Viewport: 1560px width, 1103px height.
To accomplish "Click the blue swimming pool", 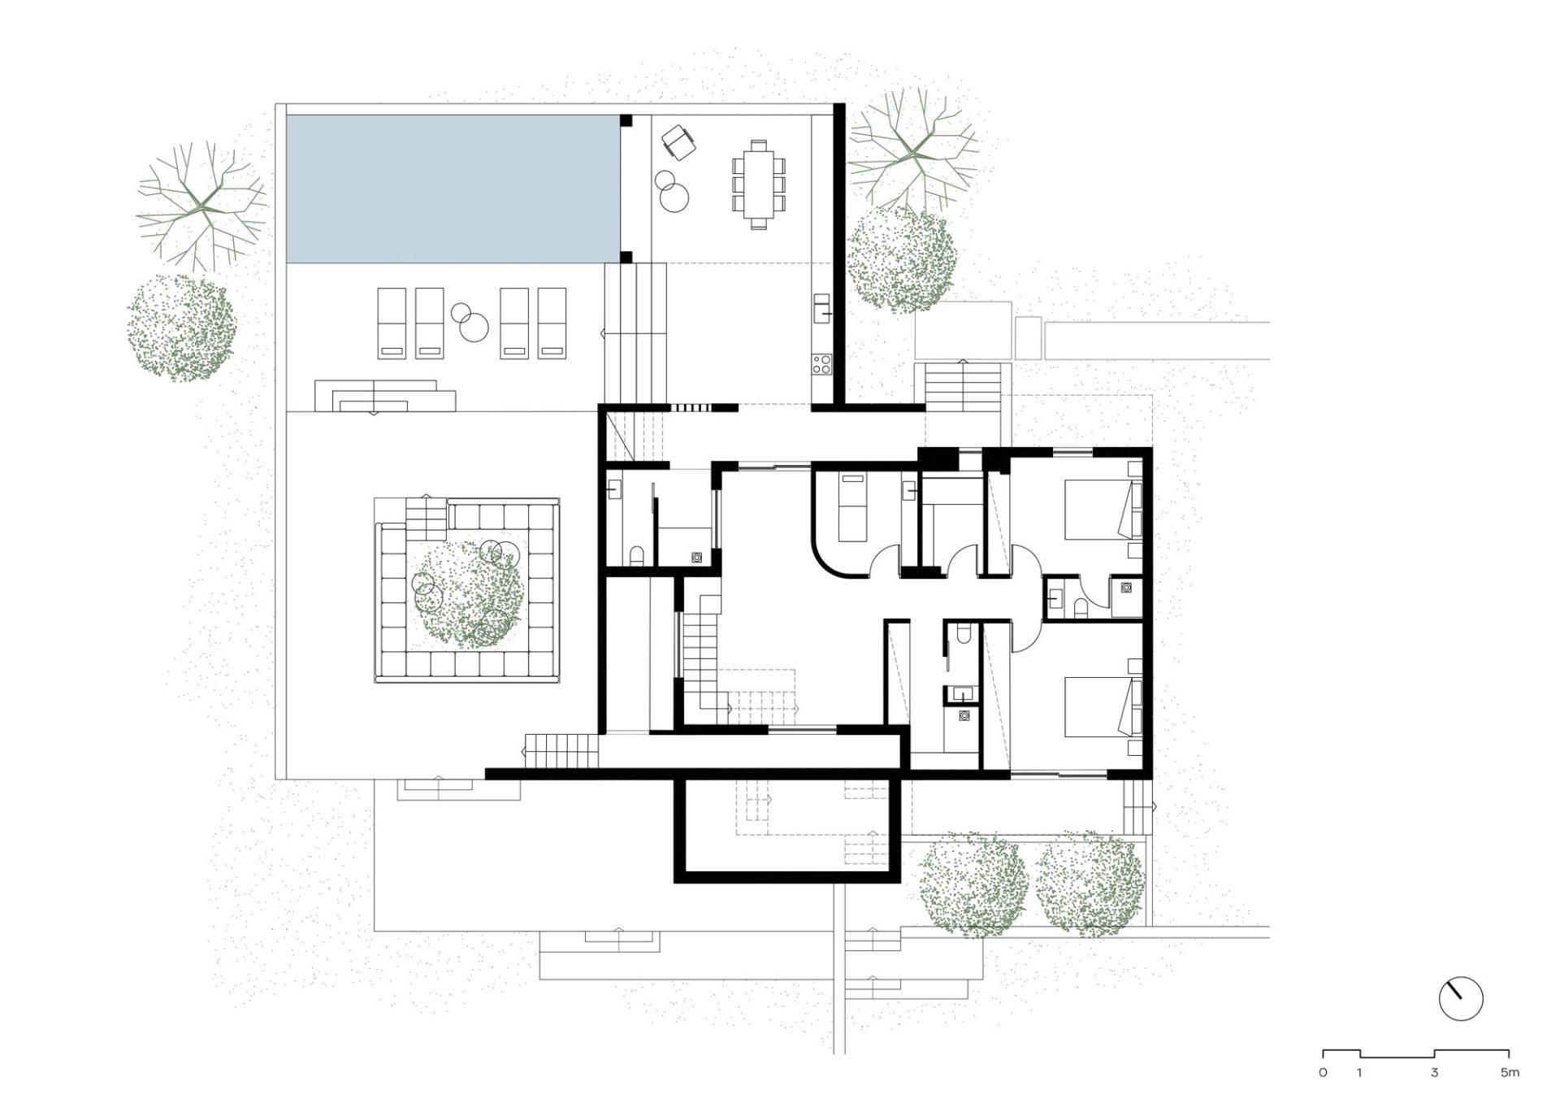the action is [x=452, y=189].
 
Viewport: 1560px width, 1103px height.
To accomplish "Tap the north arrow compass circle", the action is [x=1460, y=999].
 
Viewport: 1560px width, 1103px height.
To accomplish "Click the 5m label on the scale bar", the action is [x=1510, y=1073].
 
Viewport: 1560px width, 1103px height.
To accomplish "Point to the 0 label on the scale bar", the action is [x=1324, y=1073].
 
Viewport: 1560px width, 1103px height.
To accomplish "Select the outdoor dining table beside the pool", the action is [x=759, y=185].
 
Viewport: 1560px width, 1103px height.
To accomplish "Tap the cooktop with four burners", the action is [x=821, y=363].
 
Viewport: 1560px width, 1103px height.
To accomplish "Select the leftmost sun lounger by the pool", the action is [x=392, y=324].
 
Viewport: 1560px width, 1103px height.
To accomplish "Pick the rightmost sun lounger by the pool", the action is [x=552, y=324].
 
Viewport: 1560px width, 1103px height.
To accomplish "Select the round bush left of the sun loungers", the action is [x=181, y=328].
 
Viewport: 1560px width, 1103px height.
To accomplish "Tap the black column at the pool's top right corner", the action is [x=626, y=120].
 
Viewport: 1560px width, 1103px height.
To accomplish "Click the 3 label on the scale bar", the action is [x=1435, y=1073].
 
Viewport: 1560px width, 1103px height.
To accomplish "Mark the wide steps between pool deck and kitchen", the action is [x=635, y=333].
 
